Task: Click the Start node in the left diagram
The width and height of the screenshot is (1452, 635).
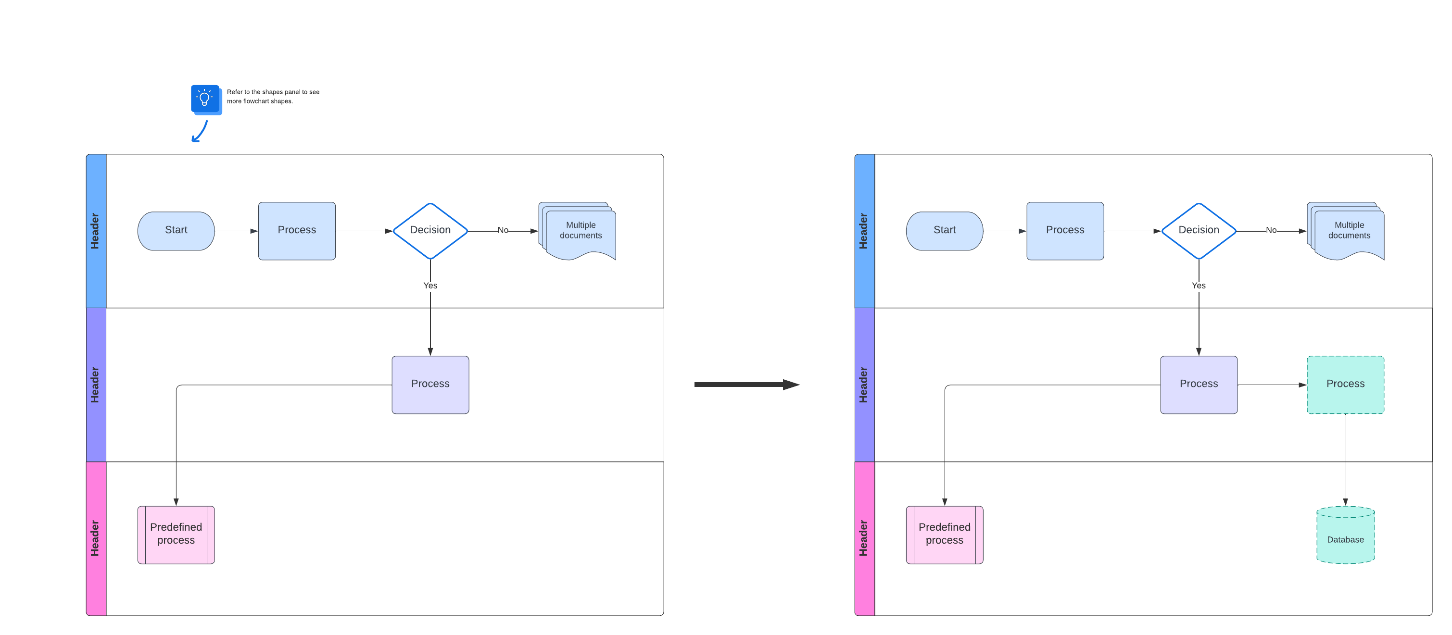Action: (176, 230)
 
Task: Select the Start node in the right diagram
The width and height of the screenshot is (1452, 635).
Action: (944, 230)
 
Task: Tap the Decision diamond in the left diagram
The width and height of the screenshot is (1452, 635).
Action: (430, 230)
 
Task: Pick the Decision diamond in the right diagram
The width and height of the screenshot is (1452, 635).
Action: (1199, 230)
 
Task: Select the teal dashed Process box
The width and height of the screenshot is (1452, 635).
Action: (1345, 384)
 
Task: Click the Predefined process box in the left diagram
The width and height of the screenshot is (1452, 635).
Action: (176, 534)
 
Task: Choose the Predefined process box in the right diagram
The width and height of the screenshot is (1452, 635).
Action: (944, 534)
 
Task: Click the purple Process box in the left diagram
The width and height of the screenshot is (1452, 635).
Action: (430, 384)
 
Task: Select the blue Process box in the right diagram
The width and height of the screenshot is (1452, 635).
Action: (1065, 230)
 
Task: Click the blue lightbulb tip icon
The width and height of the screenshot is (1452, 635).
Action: (205, 99)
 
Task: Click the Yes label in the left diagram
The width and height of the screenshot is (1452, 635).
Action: (430, 286)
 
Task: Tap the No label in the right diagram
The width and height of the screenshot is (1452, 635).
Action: (1271, 230)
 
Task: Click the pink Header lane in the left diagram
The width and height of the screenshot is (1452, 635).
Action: (96, 538)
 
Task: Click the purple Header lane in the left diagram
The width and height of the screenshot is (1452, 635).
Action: (96, 384)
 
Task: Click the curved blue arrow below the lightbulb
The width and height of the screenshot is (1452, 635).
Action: (200, 132)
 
